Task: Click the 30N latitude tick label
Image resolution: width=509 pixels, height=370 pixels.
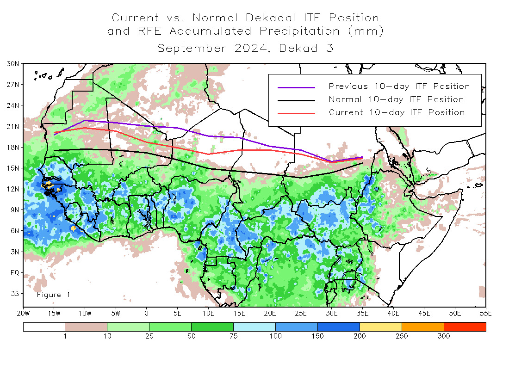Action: (x=13, y=63)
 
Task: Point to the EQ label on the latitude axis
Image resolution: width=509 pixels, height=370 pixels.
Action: (x=14, y=272)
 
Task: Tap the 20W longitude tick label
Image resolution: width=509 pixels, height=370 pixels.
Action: (x=23, y=314)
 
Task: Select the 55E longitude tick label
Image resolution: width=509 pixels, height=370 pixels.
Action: (x=486, y=314)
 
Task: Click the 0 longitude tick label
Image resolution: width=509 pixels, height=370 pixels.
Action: (x=147, y=314)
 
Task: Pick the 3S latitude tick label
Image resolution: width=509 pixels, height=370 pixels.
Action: (x=14, y=293)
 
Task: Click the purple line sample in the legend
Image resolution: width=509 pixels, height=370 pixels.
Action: (x=296, y=87)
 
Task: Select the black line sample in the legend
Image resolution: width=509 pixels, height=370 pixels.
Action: (x=296, y=100)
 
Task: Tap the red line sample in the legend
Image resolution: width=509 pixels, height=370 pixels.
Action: (x=296, y=113)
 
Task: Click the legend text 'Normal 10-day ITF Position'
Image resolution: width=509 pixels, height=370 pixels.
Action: (x=396, y=99)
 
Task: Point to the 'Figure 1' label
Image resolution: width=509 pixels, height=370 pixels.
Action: (x=53, y=295)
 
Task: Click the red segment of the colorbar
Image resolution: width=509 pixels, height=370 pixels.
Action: (x=465, y=327)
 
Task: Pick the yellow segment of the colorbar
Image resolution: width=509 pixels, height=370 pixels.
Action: (x=380, y=327)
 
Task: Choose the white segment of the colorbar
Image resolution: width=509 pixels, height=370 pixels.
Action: (x=44, y=327)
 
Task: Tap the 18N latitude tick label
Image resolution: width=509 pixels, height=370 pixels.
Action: (x=13, y=147)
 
